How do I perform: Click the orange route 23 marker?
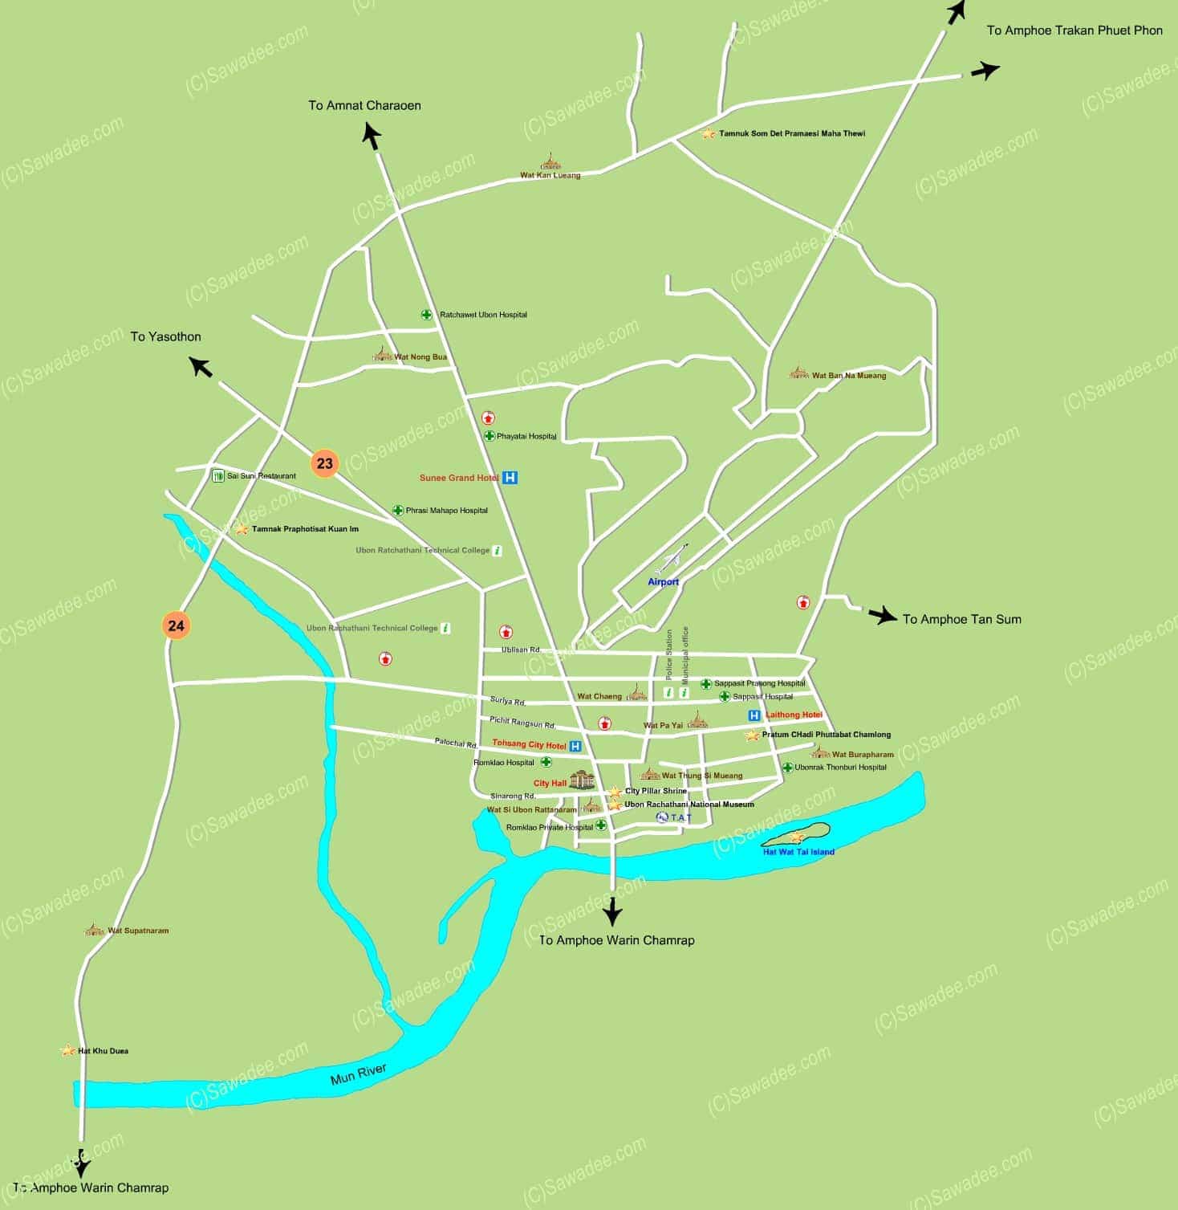(x=324, y=463)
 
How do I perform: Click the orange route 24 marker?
(x=177, y=625)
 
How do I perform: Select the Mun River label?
(x=359, y=1074)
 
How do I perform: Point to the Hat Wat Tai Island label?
(x=798, y=852)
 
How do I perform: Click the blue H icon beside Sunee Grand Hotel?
(x=510, y=478)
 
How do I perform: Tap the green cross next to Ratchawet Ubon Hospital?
(x=427, y=315)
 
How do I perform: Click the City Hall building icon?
(x=582, y=780)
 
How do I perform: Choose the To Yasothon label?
(x=166, y=336)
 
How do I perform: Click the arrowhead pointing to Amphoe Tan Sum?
(x=886, y=617)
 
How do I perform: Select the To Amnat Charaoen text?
(x=364, y=105)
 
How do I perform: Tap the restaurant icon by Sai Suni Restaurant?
(x=217, y=476)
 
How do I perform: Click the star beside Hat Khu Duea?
(x=68, y=1050)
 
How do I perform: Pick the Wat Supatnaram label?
(x=138, y=931)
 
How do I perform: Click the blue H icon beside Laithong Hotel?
(x=754, y=715)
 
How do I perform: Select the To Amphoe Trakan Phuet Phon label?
(x=1074, y=31)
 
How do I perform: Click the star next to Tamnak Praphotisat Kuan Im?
(x=241, y=530)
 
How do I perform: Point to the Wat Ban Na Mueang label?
(x=849, y=376)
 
